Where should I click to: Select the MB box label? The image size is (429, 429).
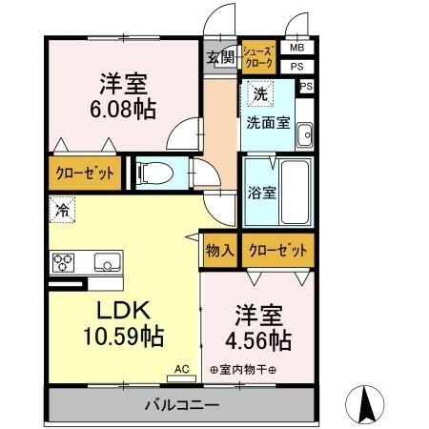point(296,48)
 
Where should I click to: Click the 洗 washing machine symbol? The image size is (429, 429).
point(258,94)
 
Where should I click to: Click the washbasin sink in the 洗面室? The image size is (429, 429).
point(305,135)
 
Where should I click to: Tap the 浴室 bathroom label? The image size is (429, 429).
point(260,191)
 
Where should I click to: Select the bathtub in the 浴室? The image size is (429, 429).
point(294,192)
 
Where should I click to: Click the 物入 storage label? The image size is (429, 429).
point(219,251)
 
